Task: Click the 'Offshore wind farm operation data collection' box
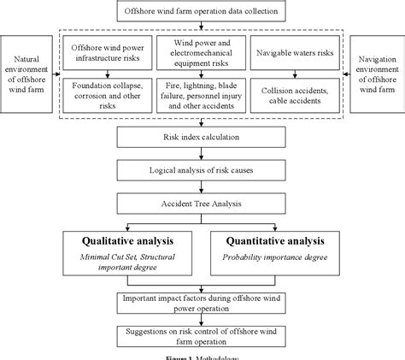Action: coord(202,11)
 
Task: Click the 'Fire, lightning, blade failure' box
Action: coord(202,93)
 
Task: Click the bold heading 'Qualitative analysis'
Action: coord(126,242)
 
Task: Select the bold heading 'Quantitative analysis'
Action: coord(273,242)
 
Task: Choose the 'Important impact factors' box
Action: coord(202,301)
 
